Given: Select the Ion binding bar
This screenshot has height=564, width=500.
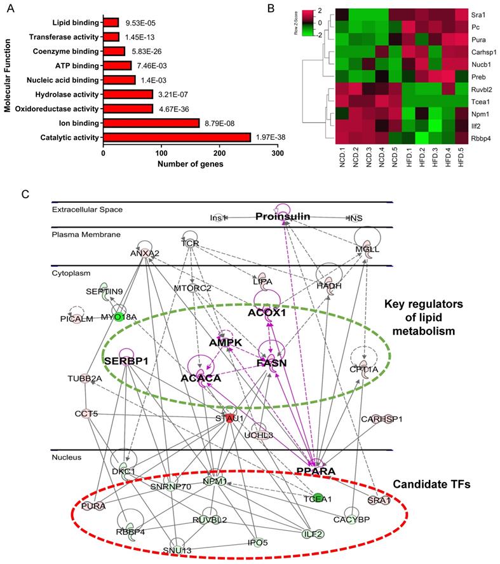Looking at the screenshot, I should pyautogui.click(x=151, y=123).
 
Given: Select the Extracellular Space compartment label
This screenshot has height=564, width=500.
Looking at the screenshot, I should pyautogui.click(x=87, y=209).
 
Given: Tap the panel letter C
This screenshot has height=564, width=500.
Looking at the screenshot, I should pyautogui.click(x=25, y=191).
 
